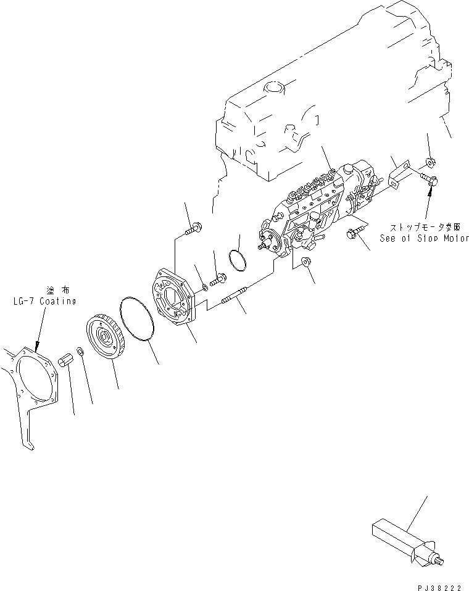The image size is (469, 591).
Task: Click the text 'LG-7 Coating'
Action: point(43,302)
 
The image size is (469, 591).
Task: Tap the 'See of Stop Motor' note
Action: point(425,238)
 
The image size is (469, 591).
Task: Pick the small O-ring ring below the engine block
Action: point(237,259)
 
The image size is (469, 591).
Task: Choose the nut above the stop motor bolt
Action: point(430,163)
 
